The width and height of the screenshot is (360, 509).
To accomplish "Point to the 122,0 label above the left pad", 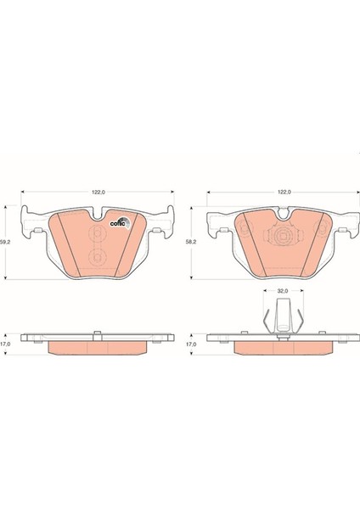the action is (x=98, y=192).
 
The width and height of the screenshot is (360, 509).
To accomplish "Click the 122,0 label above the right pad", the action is (x=284, y=192).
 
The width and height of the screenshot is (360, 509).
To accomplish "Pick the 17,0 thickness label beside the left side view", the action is (x=4, y=344).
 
